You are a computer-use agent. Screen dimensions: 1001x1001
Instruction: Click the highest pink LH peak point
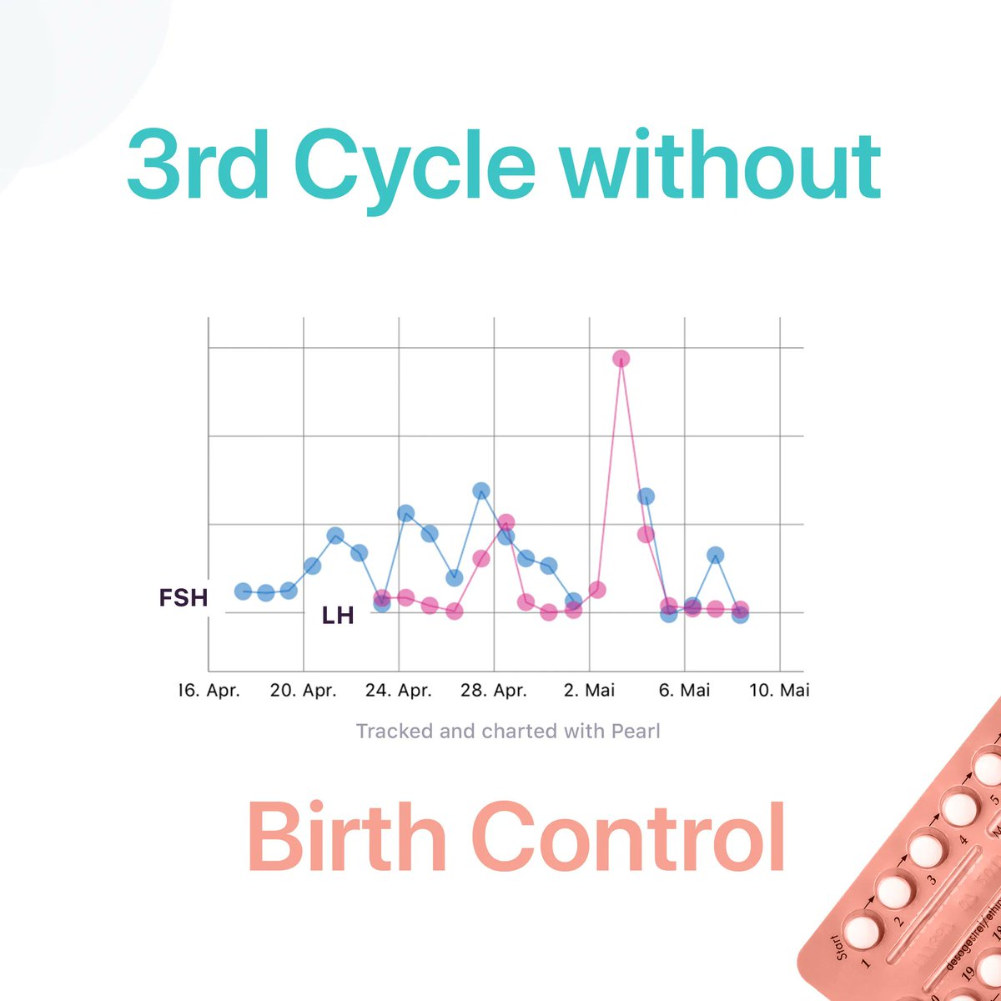point(621,359)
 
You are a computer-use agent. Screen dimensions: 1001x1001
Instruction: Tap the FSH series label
point(183,597)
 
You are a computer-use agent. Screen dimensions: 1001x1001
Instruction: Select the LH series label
point(338,616)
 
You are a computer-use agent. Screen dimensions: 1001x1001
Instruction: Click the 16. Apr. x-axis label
point(209,691)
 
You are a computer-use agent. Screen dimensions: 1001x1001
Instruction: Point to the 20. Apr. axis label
point(304,691)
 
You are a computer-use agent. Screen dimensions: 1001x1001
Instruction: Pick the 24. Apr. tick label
point(399,691)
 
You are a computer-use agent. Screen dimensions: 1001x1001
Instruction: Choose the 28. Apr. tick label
point(494,691)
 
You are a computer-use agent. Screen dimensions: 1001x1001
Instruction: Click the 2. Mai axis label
point(589,691)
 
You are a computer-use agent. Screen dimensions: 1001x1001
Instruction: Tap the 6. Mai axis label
point(684,691)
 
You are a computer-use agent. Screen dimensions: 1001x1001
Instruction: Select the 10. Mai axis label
point(780,691)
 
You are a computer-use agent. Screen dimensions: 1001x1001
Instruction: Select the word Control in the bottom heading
point(629,837)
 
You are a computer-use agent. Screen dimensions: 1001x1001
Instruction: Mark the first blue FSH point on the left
point(243,591)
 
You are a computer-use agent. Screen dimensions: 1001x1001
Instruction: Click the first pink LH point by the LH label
point(382,598)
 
